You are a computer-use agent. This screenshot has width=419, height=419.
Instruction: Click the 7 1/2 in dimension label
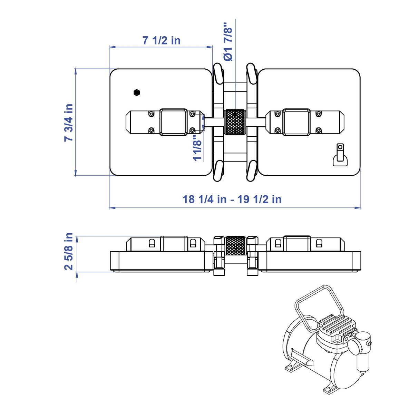[161, 40]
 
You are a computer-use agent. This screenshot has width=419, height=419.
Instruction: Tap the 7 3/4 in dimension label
[69, 123]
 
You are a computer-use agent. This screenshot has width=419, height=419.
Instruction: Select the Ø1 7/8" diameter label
[228, 41]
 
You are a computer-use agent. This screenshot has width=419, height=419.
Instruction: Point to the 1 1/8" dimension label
[198, 148]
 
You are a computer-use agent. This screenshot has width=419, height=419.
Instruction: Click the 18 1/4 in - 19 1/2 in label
[232, 199]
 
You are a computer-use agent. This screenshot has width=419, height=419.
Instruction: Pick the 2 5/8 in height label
[69, 251]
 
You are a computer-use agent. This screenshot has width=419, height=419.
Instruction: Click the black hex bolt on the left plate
[137, 92]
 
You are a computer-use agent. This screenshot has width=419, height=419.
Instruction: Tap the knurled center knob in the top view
[235, 122]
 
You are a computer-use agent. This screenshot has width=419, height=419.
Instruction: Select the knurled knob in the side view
[235, 245]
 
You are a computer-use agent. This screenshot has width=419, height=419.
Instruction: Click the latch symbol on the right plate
[340, 155]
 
